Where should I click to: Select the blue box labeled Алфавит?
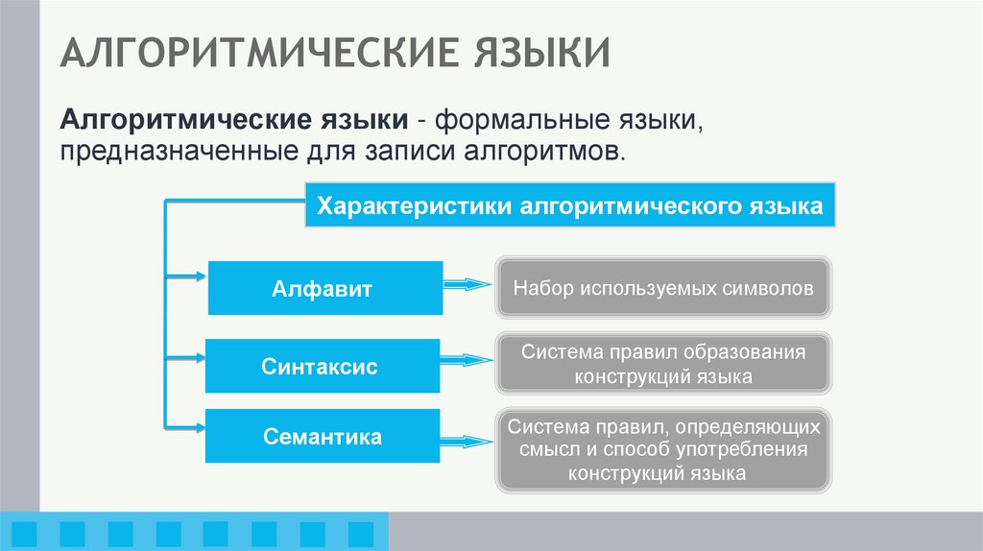325,288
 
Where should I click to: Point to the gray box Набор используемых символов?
663,287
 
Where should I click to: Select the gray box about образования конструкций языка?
663,364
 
